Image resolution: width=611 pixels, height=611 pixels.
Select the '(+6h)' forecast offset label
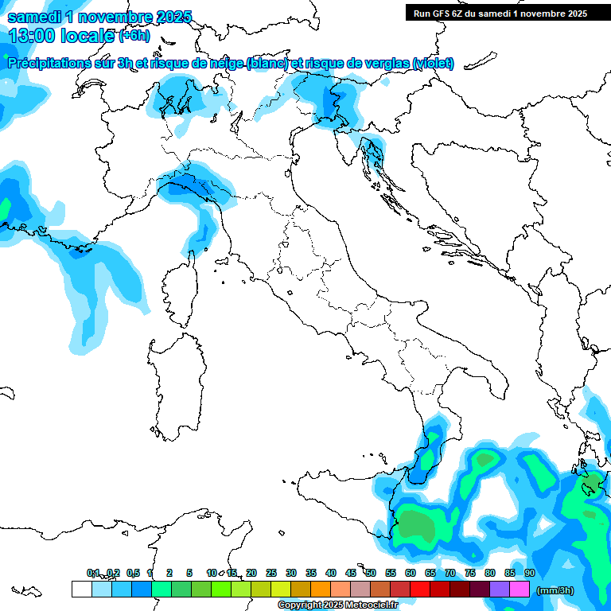tap(134, 36)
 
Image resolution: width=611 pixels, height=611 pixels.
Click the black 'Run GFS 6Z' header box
tap(500, 13)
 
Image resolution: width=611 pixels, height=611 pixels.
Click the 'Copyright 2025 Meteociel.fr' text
tap(337, 605)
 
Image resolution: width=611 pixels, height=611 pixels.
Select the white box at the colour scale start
tap(81, 590)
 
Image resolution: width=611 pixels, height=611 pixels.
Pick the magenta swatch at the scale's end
tap(520, 590)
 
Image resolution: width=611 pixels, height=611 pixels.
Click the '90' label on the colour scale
tap(529, 573)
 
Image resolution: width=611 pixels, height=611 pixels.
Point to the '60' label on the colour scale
tap(410, 573)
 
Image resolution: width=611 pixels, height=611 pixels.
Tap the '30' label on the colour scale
tap(290, 573)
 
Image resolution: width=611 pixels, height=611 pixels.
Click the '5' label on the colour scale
tap(189, 573)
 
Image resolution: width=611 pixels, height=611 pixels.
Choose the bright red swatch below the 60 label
tap(420, 590)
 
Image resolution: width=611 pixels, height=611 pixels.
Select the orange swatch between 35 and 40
tap(321, 590)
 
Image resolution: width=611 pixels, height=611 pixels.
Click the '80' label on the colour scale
tap(489, 573)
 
